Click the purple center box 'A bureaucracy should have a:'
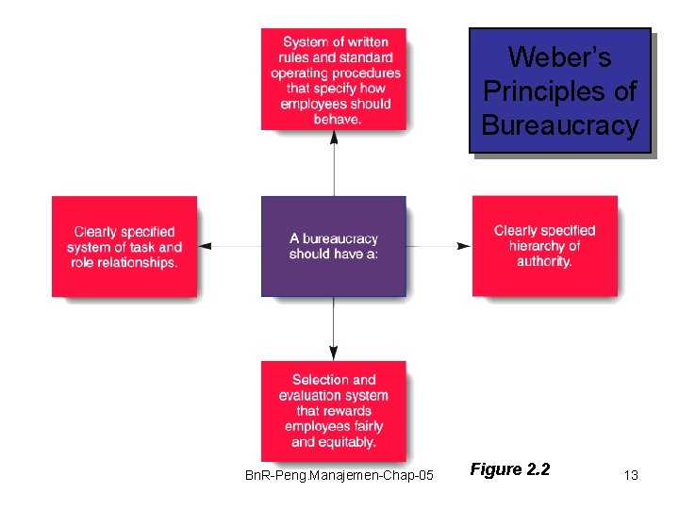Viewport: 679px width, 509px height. tap(333, 246)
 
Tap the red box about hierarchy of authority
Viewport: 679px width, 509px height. tap(544, 246)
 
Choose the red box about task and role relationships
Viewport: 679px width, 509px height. tap(124, 246)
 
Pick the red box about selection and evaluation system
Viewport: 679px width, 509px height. tap(334, 411)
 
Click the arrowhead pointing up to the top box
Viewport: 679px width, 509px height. tap(334, 138)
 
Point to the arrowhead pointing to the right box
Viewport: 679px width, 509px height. tap(463, 246)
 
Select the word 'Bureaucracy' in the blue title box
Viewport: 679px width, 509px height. tap(559, 125)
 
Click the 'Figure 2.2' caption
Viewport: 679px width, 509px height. tap(509, 469)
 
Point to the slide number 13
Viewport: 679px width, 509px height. tap(631, 475)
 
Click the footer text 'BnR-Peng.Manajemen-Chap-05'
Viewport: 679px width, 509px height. tap(339, 475)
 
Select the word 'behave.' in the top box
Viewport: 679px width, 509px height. tap(336, 120)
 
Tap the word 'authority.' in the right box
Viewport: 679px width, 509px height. tap(544, 261)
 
